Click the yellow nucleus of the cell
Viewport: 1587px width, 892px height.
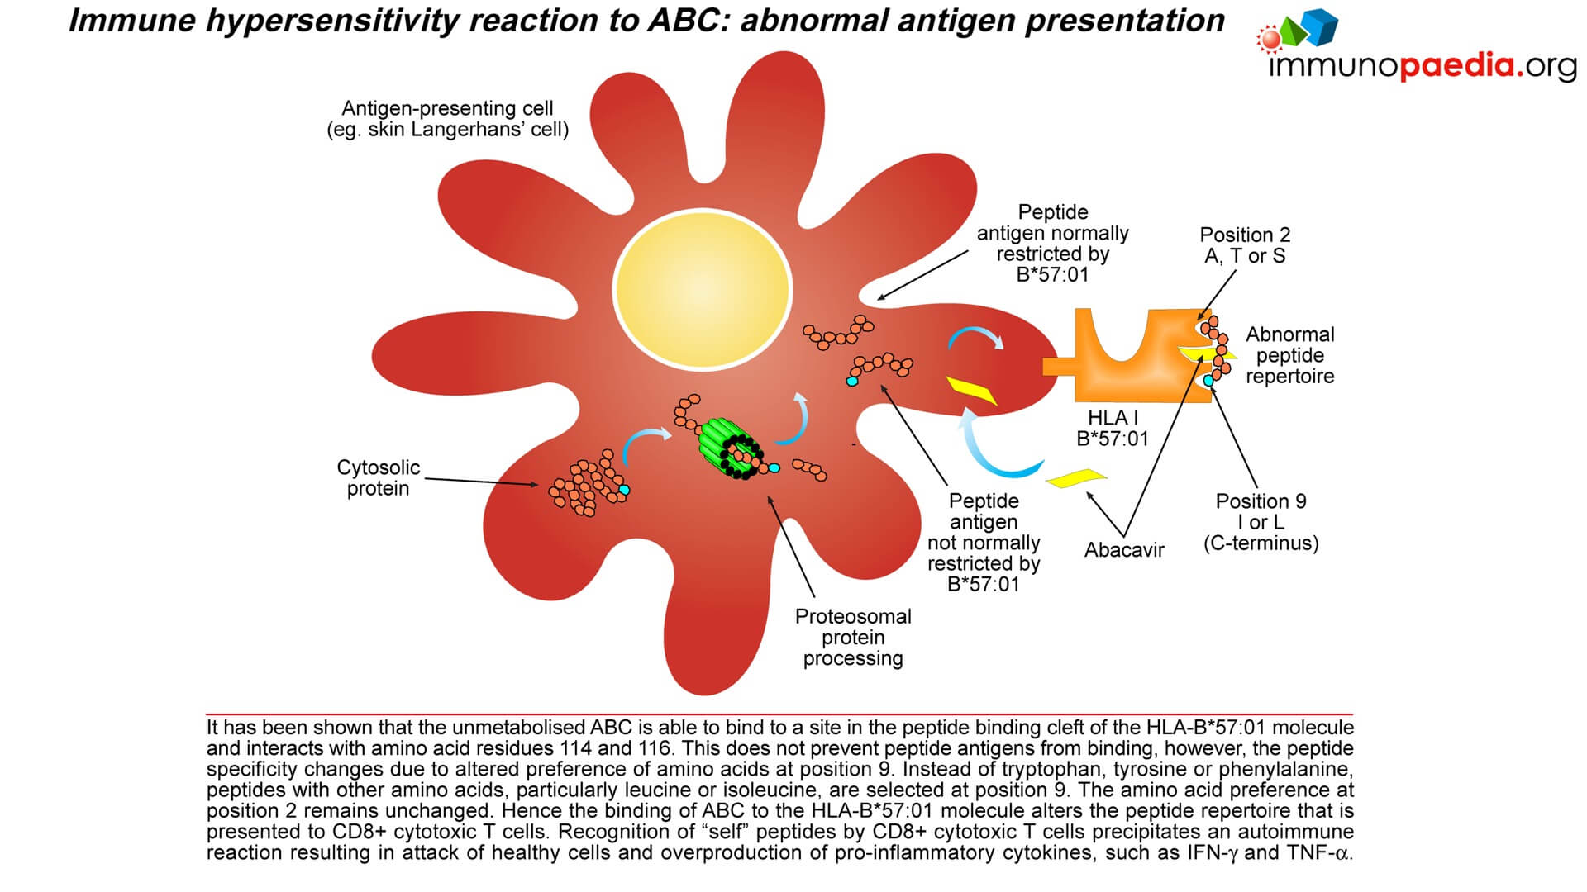[x=702, y=289]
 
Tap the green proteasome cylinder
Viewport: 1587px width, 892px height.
[x=731, y=447]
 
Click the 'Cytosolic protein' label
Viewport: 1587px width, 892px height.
[x=378, y=477]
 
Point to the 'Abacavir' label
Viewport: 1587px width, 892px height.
[x=1124, y=550]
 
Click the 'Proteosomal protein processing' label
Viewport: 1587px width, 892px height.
[x=853, y=638]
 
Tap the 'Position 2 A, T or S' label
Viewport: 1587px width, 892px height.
[x=1245, y=245]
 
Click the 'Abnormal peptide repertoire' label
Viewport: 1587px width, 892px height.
[x=1289, y=355]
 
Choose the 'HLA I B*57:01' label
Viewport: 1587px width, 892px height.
[x=1113, y=428]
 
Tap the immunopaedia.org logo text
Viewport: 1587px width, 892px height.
[x=1422, y=65]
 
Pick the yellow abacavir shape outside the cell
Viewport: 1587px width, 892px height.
[x=1076, y=477]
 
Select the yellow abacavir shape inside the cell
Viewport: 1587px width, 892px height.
[x=971, y=389]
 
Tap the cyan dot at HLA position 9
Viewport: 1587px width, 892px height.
[x=1209, y=380]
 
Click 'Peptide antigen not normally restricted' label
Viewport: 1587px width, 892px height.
[x=984, y=543]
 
